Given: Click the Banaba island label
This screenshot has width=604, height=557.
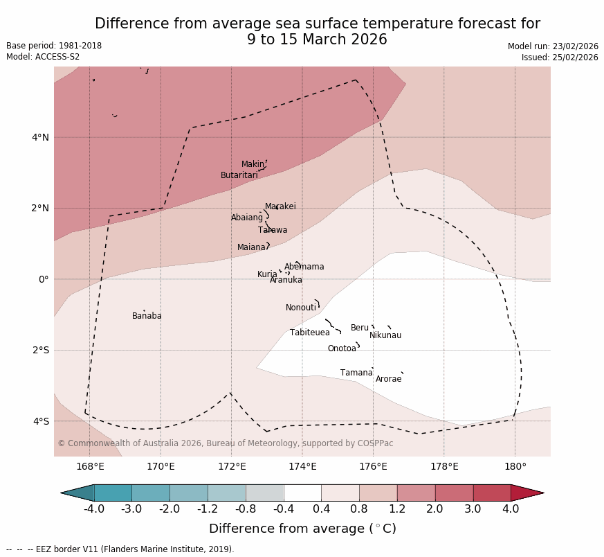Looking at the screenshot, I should (x=147, y=316).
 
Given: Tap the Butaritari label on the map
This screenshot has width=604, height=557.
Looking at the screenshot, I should (x=239, y=175).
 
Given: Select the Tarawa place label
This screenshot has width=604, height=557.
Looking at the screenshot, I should (x=273, y=230).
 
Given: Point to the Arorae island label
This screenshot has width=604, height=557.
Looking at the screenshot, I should (x=388, y=379).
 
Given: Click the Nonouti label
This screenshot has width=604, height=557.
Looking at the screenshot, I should (x=301, y=308).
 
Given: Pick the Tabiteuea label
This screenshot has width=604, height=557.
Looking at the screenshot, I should (x=310, y=333).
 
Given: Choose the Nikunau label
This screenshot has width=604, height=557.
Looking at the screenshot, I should (x=385, y=335).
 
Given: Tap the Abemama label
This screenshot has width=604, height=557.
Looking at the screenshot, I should (x=304, y=267).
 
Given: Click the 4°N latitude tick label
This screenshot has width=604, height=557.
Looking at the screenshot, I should (x=40, y=137).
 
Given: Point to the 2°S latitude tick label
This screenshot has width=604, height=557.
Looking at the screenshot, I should (x=40, y=350).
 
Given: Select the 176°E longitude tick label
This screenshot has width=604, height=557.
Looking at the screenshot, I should (x=373, y=467).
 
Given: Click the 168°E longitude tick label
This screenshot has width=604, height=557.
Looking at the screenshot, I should (x=90, y=467).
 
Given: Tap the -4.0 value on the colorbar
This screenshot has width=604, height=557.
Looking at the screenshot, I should (x=94, y=509).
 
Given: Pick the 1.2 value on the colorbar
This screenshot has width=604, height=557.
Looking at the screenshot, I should (x=397, y=509).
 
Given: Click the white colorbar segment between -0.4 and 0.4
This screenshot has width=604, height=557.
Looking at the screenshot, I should (x=302, y=493).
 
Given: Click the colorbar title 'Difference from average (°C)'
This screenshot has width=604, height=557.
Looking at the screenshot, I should (x=302, y=529).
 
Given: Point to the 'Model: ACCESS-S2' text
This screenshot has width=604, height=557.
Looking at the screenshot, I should (x=43, y=57).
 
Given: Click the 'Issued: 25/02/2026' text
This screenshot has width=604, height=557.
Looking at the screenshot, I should (x=560, y=58).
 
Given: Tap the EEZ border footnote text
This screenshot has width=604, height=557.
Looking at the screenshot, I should (x=120, y=549).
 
